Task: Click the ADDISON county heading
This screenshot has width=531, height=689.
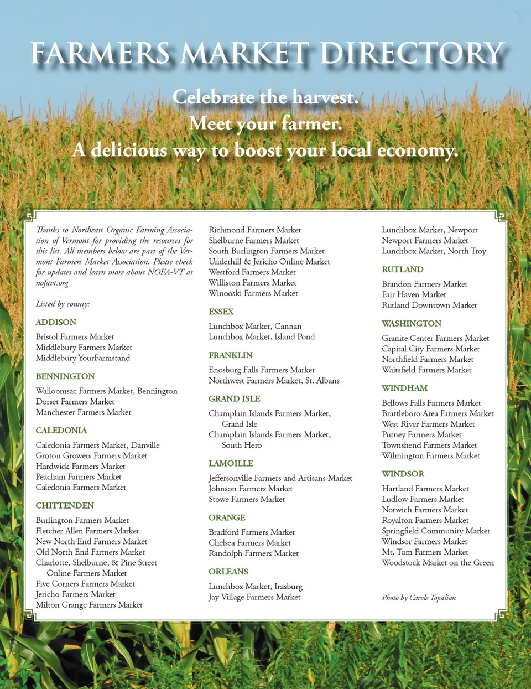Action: click(x=56, y=322)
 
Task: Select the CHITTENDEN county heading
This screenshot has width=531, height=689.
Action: click(x=65, y=505)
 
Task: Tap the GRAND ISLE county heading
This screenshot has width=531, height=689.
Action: click(x=234, y=398)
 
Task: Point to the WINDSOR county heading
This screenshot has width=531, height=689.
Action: click(x=403, y=474)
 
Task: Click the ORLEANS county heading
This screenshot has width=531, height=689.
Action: click(x=228, y=572)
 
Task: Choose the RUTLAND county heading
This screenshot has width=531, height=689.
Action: click(x=402, y=270)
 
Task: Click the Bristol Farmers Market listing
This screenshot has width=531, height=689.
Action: click(x=75, y=336)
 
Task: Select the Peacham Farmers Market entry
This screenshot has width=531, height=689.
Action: click(x=79, y=476)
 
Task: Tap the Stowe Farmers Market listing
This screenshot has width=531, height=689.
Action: click(x=247, y=499)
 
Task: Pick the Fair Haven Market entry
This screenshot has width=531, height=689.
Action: click(x=414, y=294)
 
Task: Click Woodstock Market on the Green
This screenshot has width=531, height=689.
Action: click(x=438, y=562)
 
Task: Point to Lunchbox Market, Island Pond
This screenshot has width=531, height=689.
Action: click(x=262, y=336)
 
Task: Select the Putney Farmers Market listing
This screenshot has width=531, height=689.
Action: click(x=421, y=434)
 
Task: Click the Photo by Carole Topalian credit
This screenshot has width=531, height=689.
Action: click(x=419, y=598)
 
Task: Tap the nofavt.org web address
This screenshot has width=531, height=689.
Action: click(x=52, y=283)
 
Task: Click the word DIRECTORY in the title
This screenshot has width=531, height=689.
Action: click(x=412, y=54)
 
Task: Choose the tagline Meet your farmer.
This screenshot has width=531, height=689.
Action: click(x=265, y=123)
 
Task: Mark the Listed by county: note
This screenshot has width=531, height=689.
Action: click(x=63, y=304)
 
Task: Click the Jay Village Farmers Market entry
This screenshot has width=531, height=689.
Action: click(x=254, y=597)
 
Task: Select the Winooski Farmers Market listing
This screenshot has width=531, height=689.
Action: click(x=253, y=293)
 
